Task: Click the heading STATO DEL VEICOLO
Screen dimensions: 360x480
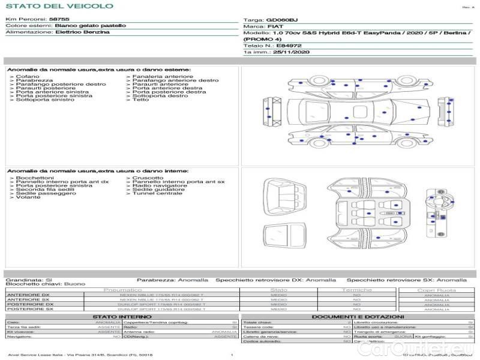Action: click(59, 6)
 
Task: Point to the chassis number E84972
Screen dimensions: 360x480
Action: click(289, 45)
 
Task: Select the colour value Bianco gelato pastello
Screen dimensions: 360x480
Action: click(90, 26)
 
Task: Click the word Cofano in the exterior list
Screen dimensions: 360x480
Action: click(28, 77)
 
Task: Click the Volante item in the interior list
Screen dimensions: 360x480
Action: click(28, 197)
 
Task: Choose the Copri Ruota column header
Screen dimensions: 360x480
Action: click(436, 290)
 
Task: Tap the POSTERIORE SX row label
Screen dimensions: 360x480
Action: click(29, 309)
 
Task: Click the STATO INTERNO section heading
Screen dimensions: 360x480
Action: click(118, 316)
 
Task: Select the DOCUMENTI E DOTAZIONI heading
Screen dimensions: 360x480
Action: click(358, 316)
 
